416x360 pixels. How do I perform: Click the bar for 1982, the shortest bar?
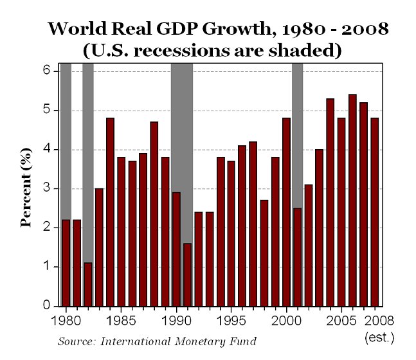click(x=88, y=285)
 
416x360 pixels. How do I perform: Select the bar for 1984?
click(x=110, y=212)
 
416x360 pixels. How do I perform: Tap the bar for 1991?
click(x=187, y=275)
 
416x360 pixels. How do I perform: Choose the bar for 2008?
click(x=374, y=212)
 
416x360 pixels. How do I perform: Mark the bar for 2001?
click(x=297, y=257)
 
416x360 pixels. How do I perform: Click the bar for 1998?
click(x=264, y=253)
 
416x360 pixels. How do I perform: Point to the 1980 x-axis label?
click(x=66, y=319)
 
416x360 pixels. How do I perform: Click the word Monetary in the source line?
click(x=194, y=341)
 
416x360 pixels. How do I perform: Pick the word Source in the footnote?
click(x=74, y=341)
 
